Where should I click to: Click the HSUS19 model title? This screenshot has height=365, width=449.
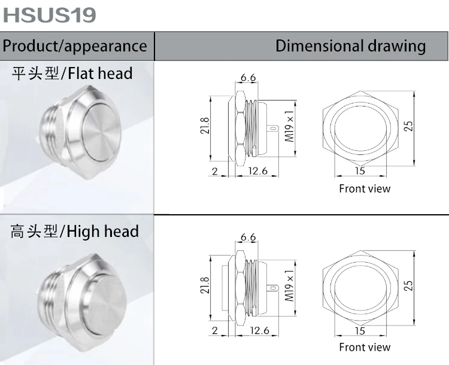49,15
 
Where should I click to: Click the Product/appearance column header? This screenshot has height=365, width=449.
75,46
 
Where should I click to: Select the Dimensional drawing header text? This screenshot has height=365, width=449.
350,46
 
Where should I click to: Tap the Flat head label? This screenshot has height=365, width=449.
72,73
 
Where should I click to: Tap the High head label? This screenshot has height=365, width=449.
74,232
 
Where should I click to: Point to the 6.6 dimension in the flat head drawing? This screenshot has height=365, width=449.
248,77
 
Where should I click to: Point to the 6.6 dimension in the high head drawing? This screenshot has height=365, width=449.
248,237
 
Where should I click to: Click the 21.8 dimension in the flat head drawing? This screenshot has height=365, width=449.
205,126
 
